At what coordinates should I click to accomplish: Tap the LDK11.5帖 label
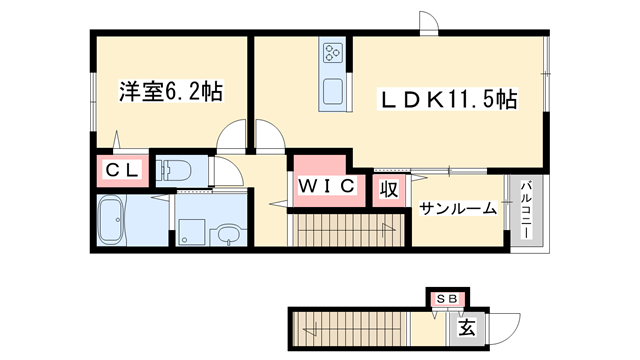(446, 99)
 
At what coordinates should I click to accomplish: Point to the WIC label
(324, 185)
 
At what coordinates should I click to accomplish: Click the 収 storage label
(387, 189)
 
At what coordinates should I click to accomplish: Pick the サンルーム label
(458, 209)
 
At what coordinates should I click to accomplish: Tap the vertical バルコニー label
(525, 211)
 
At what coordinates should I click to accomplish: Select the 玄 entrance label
(466, 326)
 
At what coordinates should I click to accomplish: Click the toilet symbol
(180, 169)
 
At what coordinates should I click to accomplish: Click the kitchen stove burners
(332, 53)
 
